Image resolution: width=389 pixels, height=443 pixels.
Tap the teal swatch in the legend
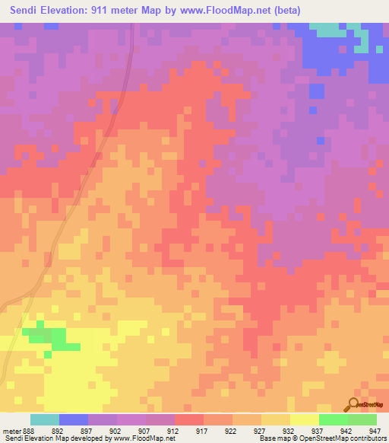[45, 419]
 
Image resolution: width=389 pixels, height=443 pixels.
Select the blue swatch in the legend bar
[74, 419]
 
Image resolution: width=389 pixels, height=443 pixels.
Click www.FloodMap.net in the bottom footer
[144, 438]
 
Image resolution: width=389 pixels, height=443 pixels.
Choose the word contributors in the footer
[368, 438]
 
